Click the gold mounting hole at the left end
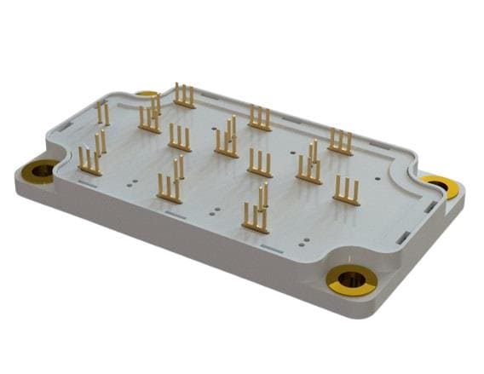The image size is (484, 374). [x=39, y=170]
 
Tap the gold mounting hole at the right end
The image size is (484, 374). [x=441, y=186]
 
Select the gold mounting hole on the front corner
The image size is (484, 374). [x=350, y=279]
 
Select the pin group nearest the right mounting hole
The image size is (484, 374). [x=346, y=191]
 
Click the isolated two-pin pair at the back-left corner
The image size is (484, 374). [x=102, y=114]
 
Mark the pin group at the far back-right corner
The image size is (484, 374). [x=341, y=142]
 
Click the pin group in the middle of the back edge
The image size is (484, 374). [x=260, y=119]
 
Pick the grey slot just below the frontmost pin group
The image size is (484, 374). [x=270, y=246]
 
